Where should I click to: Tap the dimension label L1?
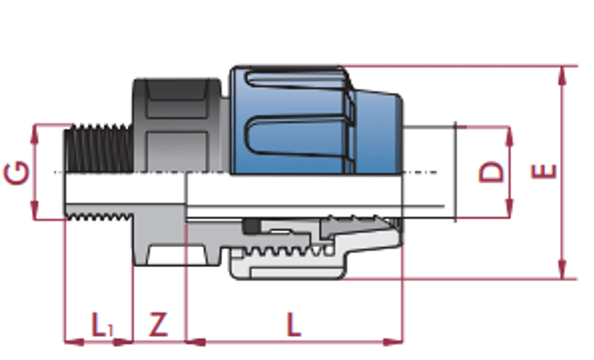coord(101,325)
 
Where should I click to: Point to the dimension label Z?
coord(158,325)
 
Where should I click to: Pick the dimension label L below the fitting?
coord(294,325)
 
